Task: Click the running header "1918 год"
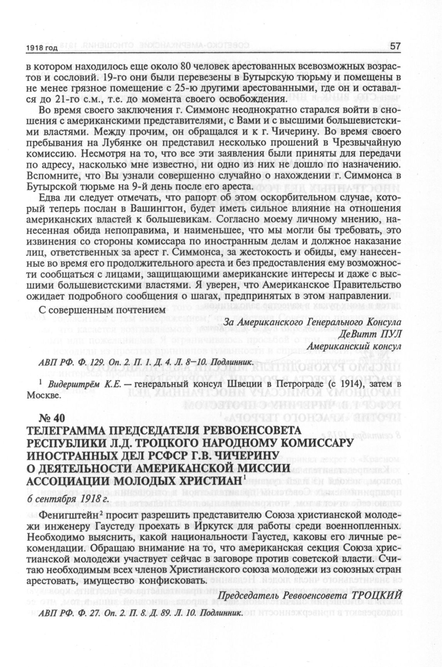tap(42, 48)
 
